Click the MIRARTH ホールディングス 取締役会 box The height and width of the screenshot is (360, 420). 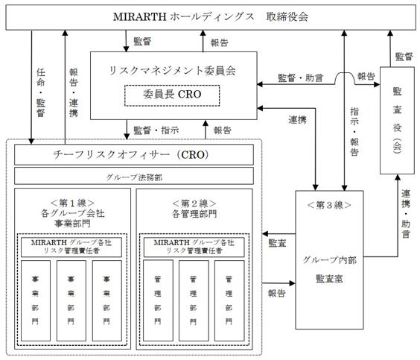tap(211, 17)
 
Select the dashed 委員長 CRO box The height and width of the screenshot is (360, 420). tap(172, 95)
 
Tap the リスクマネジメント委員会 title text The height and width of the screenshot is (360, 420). tap(173, 71)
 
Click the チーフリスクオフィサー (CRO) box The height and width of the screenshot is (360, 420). tap(134, 155)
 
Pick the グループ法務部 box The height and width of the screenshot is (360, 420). tap(134, 176)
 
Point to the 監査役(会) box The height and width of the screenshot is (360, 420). tap(397, 120)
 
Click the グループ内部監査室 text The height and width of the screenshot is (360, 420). tap(329, 269)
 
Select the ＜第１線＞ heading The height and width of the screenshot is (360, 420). tap(72, 203)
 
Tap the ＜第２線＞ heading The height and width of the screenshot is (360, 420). tap(194, 203)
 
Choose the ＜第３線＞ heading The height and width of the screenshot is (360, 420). tap(329, 205)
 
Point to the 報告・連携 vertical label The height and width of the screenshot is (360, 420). tap(74, 92)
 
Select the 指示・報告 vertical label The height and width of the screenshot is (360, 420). tap(354, 132)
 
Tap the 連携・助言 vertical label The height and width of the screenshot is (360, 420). tap(406, 214)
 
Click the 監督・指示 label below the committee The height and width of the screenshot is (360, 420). tap(156, 130)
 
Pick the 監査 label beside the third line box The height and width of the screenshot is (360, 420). tap(277, 243)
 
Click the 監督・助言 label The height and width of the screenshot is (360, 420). tap(301, 78)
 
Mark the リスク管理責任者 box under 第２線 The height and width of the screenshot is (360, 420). tap(194, 247)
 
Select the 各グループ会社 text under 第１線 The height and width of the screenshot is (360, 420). tap(72, 213)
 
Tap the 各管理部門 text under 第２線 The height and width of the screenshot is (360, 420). tap(194, 214)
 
